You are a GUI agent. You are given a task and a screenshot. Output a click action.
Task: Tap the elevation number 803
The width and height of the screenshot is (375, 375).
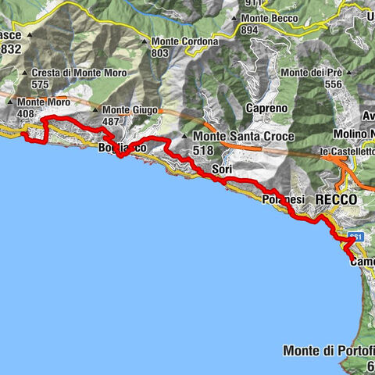coord(159,53)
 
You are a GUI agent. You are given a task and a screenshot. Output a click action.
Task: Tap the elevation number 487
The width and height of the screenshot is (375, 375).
coord(112,121)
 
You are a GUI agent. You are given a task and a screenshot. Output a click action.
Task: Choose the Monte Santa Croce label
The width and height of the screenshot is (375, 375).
coord(243,137)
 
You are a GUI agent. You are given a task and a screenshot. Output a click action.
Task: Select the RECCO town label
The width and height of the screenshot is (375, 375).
coord(336,201)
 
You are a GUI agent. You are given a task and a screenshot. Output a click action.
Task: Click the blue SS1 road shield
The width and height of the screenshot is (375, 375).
coord(357,235)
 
